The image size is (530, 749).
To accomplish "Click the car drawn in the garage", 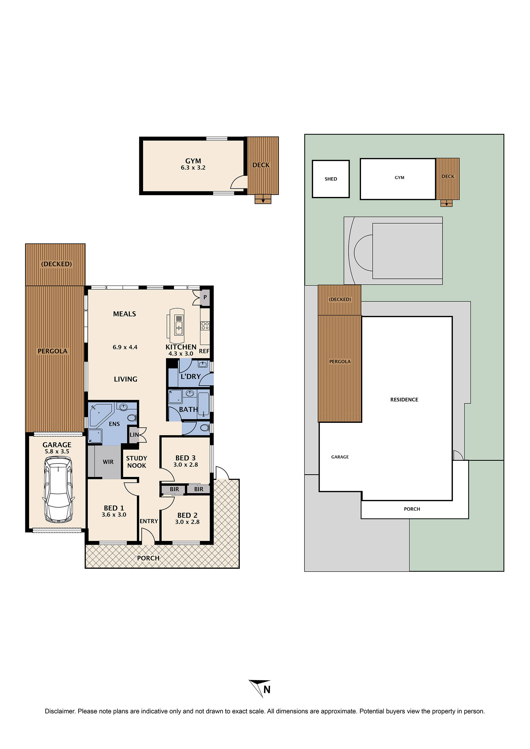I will (58, 490).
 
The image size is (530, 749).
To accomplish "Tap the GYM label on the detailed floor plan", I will (193, 161).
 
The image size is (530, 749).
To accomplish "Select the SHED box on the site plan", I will (331, 179).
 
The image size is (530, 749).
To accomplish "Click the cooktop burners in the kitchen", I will (205, 325).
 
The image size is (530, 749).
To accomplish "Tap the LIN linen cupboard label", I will (134, 435).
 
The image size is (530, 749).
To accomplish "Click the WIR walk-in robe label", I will (108, 462).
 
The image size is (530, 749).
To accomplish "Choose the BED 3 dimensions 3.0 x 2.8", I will (185, 465).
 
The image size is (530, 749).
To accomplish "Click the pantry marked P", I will (205, 297).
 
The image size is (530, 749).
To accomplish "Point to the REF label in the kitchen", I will (204, 351).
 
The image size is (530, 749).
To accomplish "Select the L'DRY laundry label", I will (191, 376).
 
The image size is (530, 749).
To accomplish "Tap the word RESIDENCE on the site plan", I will (404, 400).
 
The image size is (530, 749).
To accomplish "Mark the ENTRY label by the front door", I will (149, 521).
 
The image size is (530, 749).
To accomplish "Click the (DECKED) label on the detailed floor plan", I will (56, 264).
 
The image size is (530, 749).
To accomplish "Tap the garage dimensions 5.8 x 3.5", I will (57, 451).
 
